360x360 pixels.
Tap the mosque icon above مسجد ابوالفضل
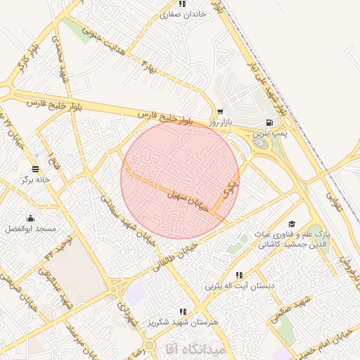(30, 218)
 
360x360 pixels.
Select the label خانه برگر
(34, 179)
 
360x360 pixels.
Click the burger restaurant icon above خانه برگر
(35, 168)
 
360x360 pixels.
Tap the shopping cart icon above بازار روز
(220, 112)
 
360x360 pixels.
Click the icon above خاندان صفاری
(183, 3)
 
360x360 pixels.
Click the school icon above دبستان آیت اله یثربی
(239, 275)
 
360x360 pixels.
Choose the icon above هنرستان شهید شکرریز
(183, 311)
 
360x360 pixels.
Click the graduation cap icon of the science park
(290, 224)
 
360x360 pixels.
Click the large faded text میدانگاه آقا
(195, 348)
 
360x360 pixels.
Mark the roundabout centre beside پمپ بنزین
(261, 143)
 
